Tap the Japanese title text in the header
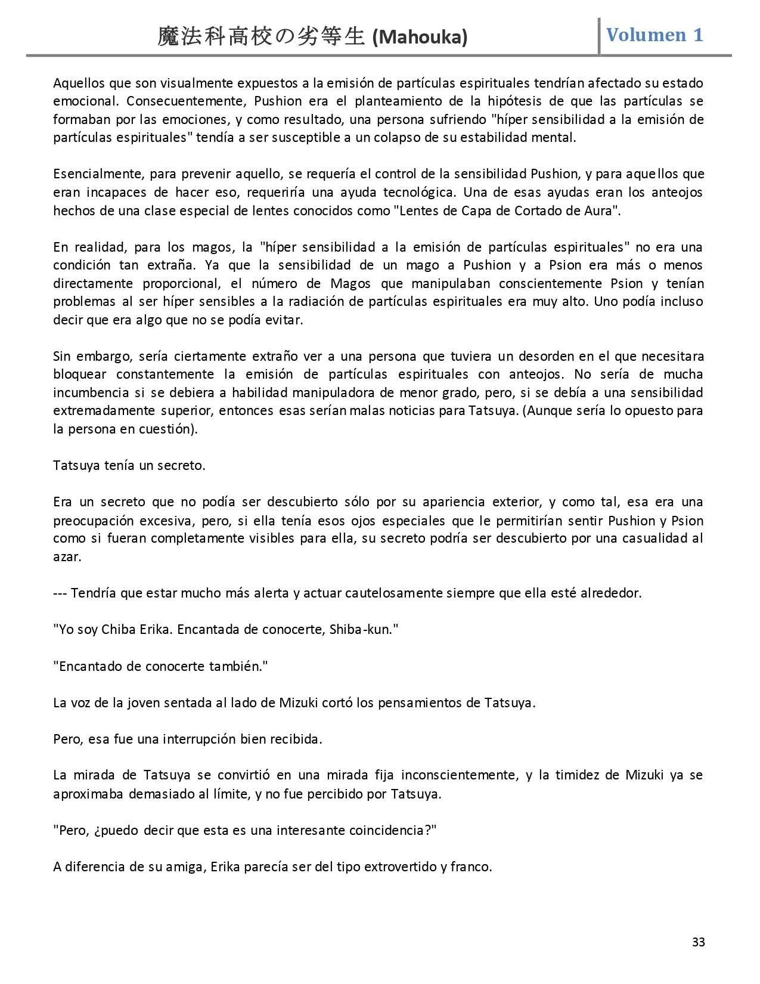tap(261, 37)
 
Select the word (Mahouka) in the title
tap(420, 38)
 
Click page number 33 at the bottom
tap(699, 942)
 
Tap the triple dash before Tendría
tap(60, 593)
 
